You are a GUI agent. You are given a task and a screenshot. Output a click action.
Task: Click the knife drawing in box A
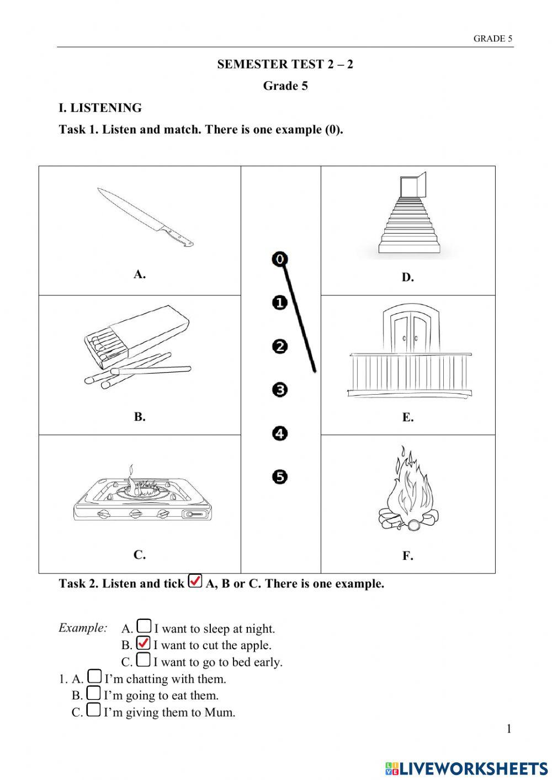coord(145,217)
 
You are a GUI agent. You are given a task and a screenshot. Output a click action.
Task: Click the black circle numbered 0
coord(280,259)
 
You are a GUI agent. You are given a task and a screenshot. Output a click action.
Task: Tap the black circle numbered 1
coord(280,303)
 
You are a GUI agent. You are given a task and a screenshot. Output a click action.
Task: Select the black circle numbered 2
coord(280,346)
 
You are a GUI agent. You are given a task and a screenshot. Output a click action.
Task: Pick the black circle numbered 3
coord(280,390)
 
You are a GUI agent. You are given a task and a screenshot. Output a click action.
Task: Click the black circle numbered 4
coord(280,433)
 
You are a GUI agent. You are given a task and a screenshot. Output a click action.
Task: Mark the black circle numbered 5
coord(280,476)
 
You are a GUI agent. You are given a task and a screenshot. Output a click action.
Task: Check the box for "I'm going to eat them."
coord(94,693)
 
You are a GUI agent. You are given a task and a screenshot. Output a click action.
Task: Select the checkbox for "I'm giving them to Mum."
coord(94,710)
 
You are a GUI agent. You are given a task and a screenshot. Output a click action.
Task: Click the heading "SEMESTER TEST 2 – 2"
coord(285,64)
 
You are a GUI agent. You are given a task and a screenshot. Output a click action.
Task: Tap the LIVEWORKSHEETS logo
coord(466,768)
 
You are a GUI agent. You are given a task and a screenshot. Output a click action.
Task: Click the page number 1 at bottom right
coord(508,729)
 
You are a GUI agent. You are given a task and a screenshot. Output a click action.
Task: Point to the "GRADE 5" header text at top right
coord(492,39)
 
